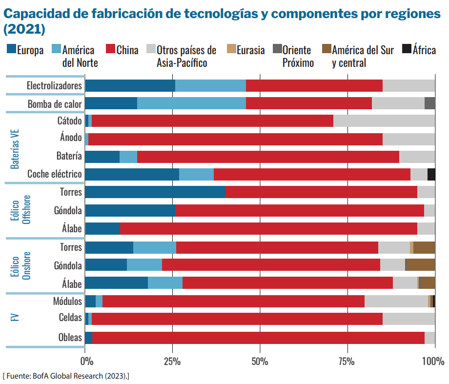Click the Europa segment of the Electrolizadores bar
pos(130,85)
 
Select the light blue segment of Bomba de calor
pos(191,103)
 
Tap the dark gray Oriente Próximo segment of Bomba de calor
pos(429,103)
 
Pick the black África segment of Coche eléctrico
pos(431,175)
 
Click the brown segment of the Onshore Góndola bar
pos(421,265)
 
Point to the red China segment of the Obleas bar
pos(258,338)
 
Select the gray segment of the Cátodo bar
pos(384,121)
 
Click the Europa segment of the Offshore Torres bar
pos(155,192)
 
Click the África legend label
pos(424,50)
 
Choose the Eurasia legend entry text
pos(251,50)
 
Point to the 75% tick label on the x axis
pos(347,362)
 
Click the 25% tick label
pos(172,362)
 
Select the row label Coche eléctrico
pos(55,174)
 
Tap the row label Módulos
pos(67,301)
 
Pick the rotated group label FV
pos(15,318)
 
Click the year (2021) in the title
pos(24,29)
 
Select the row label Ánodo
pos(71,138)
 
